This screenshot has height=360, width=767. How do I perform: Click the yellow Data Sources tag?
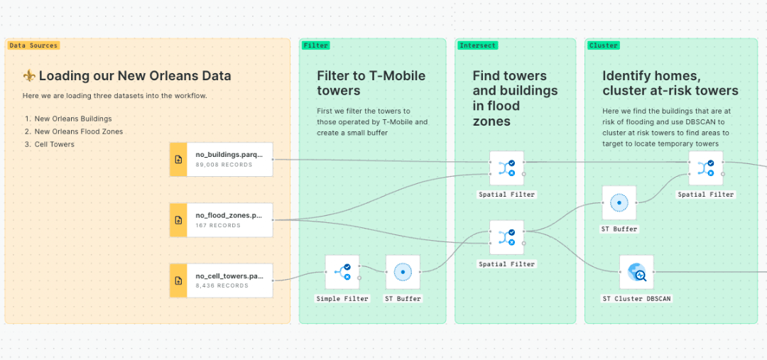(x=33, y=45)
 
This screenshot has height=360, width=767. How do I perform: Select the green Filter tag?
(x=315, y=45)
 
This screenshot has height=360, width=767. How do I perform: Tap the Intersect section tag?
(x=477, y=45)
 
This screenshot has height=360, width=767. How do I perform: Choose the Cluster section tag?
(x=603, y=45)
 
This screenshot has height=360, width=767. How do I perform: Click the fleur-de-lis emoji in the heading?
(x=29, y=76)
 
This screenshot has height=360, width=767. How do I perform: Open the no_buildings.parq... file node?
(x=221, y=159)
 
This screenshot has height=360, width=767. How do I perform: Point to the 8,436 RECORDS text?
(x=222, y=286)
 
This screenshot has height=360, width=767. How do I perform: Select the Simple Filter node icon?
(x=342, y=273)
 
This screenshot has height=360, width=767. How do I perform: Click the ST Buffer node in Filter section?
(x=403, y=273)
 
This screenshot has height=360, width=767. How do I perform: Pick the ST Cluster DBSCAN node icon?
(x=636, y=273)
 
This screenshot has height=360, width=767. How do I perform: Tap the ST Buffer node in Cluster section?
(x=619, y=203)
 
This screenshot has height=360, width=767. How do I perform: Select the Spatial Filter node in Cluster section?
(x=705, y=168)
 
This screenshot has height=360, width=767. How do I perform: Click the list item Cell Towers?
(x=54, y=144)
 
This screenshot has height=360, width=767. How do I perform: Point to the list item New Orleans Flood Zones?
(x=78, y=131)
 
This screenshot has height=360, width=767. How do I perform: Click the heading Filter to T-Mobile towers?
(x=371, y=83)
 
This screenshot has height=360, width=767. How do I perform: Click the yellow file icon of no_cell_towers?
(x=178, y=280)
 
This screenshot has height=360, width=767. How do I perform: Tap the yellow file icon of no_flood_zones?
(x=178, y=220)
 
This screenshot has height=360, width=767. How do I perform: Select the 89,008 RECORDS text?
(x=224, y=165)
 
